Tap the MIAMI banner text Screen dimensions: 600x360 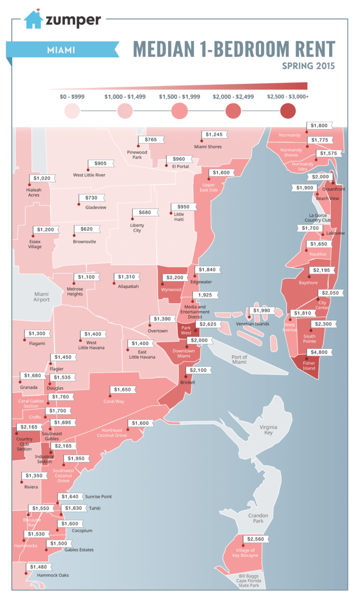tap(60, 49)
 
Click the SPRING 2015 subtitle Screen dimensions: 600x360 tap(308, 66)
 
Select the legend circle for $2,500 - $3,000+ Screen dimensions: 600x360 tap(287, 111)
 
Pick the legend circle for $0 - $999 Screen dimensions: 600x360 tap(73, 111)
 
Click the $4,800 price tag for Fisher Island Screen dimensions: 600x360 tap(320, 352)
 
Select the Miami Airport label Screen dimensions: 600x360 tap(41, 297)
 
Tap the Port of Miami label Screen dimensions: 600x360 tap(239, 359)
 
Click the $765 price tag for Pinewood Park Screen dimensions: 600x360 tap(150, 140)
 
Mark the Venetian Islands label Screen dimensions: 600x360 tap(252, 324)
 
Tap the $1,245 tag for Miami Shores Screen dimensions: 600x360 tap(215, 135)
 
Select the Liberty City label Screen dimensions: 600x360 tap(137, 228)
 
